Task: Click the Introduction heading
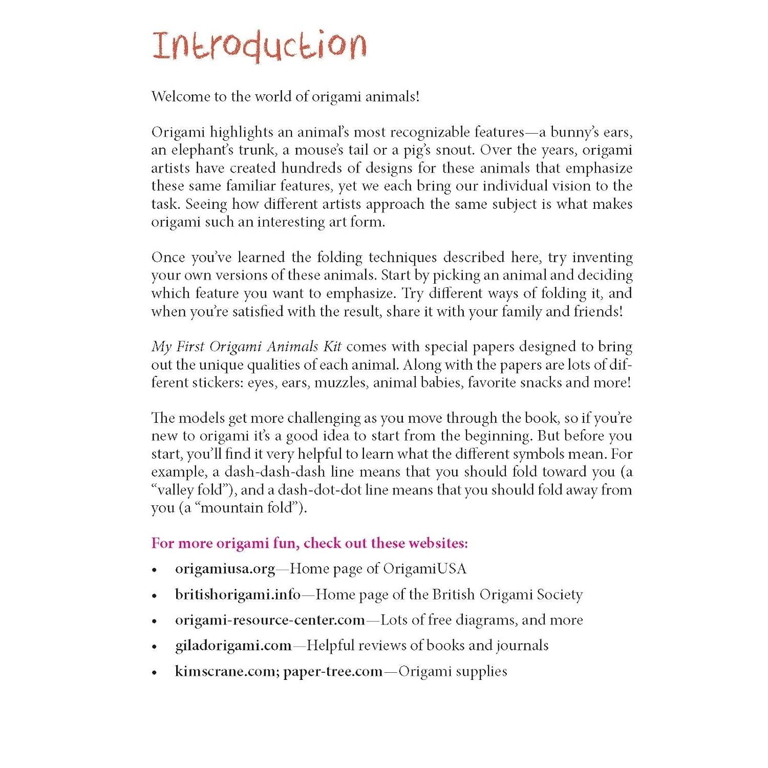click(x=259, y=46)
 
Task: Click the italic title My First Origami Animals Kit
click(x=246, y=347)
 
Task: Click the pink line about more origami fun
click(x=309, y=543)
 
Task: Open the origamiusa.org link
click(x=225, y=569)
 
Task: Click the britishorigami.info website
click(x=238, y=594)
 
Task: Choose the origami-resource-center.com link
click(x=270, y=620)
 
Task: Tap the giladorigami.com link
click(x=233, y=646)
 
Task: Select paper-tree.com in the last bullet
click(x=333, y=671)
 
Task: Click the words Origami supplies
click(x=453, y=671)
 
